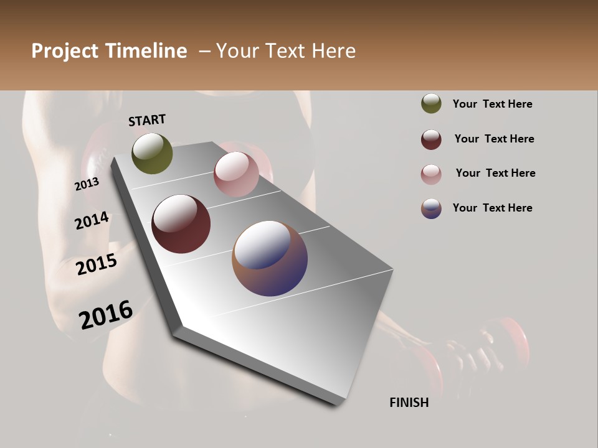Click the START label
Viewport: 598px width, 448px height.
[147, 120]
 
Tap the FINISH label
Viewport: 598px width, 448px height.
[409, 403]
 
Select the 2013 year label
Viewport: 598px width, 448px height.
[87, 184]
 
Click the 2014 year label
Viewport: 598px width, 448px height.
[92, 220]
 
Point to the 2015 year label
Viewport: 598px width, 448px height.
[97, 264]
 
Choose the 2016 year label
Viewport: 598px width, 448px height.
[106, 314]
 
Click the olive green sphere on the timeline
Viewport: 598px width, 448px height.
[153, 153]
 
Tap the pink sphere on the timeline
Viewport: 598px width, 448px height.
[236, 174]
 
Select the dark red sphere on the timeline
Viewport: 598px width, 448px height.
[181, 224]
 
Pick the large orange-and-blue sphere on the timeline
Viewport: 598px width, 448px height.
[270, 258]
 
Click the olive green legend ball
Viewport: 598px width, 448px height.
[431, 104]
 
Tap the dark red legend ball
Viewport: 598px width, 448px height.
[431, 139]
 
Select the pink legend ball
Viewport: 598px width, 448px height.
[431, 174]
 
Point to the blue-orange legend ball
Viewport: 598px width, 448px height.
[431, 208]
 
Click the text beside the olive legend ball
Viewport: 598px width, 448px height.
[492, 104]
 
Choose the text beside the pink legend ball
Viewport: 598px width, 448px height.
[495, 173]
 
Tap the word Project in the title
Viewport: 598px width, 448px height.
[65, 51]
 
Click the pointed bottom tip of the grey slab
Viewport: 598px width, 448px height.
[336, 403]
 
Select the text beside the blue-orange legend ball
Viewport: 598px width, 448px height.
[492, 208]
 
